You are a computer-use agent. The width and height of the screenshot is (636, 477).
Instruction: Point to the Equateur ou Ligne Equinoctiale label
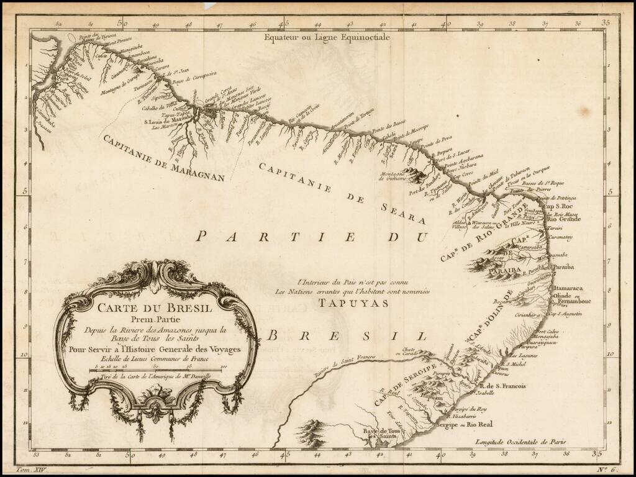327,37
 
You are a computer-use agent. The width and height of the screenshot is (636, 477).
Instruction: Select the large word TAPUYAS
353,303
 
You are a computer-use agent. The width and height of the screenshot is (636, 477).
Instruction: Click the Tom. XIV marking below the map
30,471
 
